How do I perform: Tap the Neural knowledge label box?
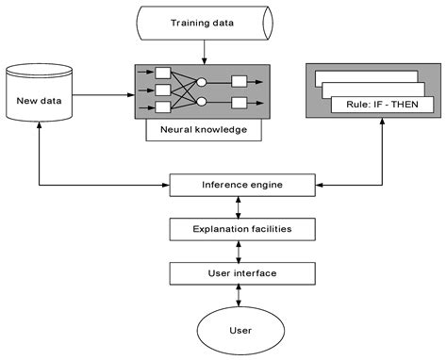(204, 131)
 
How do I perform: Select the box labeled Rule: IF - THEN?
(382, 105)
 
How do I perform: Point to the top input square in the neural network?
(161, 73)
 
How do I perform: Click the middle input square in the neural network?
(161, 91)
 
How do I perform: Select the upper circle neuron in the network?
(200, 81)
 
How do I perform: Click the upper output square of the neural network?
(240, 81)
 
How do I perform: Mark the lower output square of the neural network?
(240, 102)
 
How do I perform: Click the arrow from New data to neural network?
(104, 92)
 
